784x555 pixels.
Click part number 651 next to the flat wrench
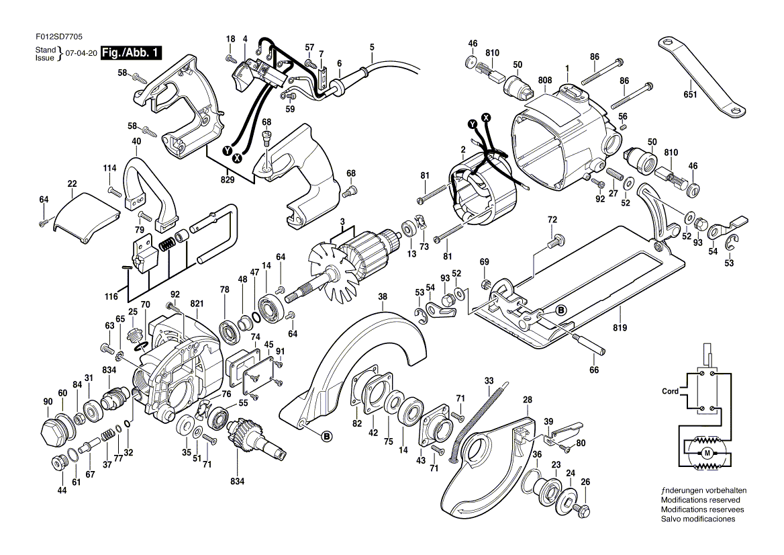point(690,95)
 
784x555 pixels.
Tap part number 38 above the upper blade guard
point(382,296)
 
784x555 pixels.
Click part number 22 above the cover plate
point(72,183)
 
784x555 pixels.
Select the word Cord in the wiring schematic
point(670,391)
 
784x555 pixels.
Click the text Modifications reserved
point(701,500)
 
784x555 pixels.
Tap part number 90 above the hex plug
point(48,402)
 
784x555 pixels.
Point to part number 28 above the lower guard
point(528,400)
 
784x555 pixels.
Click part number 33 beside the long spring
point(488,381)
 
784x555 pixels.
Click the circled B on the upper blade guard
point(327,437)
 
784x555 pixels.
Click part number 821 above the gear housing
point(197,304)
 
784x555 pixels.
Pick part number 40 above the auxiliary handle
point(136,141)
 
